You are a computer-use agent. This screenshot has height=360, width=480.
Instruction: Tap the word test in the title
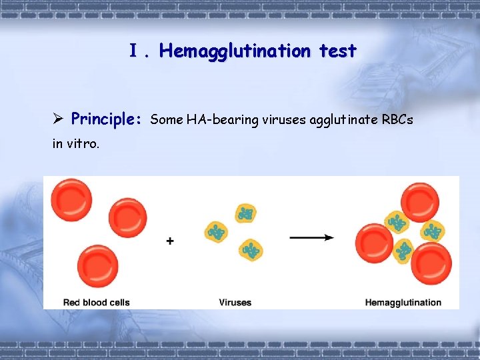(x=337, y=51)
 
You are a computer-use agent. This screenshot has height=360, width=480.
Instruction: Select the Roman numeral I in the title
(x=134, y=51)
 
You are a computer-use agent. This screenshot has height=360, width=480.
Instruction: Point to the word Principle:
(x=106, y=120)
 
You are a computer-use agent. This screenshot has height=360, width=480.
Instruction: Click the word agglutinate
(x=319, y=120)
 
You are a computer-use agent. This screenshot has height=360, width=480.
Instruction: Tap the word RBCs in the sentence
(x=396, y=120)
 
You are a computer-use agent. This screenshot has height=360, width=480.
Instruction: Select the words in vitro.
(x=76, y=143)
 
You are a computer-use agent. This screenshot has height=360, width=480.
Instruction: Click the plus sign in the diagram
(x=171, y=241)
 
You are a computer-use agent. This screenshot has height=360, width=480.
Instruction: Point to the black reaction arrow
(x=312, y=237)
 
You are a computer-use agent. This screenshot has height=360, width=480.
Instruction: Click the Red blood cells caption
(x=96, y=303)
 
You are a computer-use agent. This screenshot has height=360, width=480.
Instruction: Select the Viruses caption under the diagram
(x=235, y=303)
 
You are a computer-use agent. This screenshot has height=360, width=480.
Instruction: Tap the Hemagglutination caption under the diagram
(x=403, y=303)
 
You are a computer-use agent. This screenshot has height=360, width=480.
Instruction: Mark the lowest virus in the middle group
(x=251, y=251)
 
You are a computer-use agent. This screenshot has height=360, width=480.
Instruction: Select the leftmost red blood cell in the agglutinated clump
(x=374, y=242)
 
